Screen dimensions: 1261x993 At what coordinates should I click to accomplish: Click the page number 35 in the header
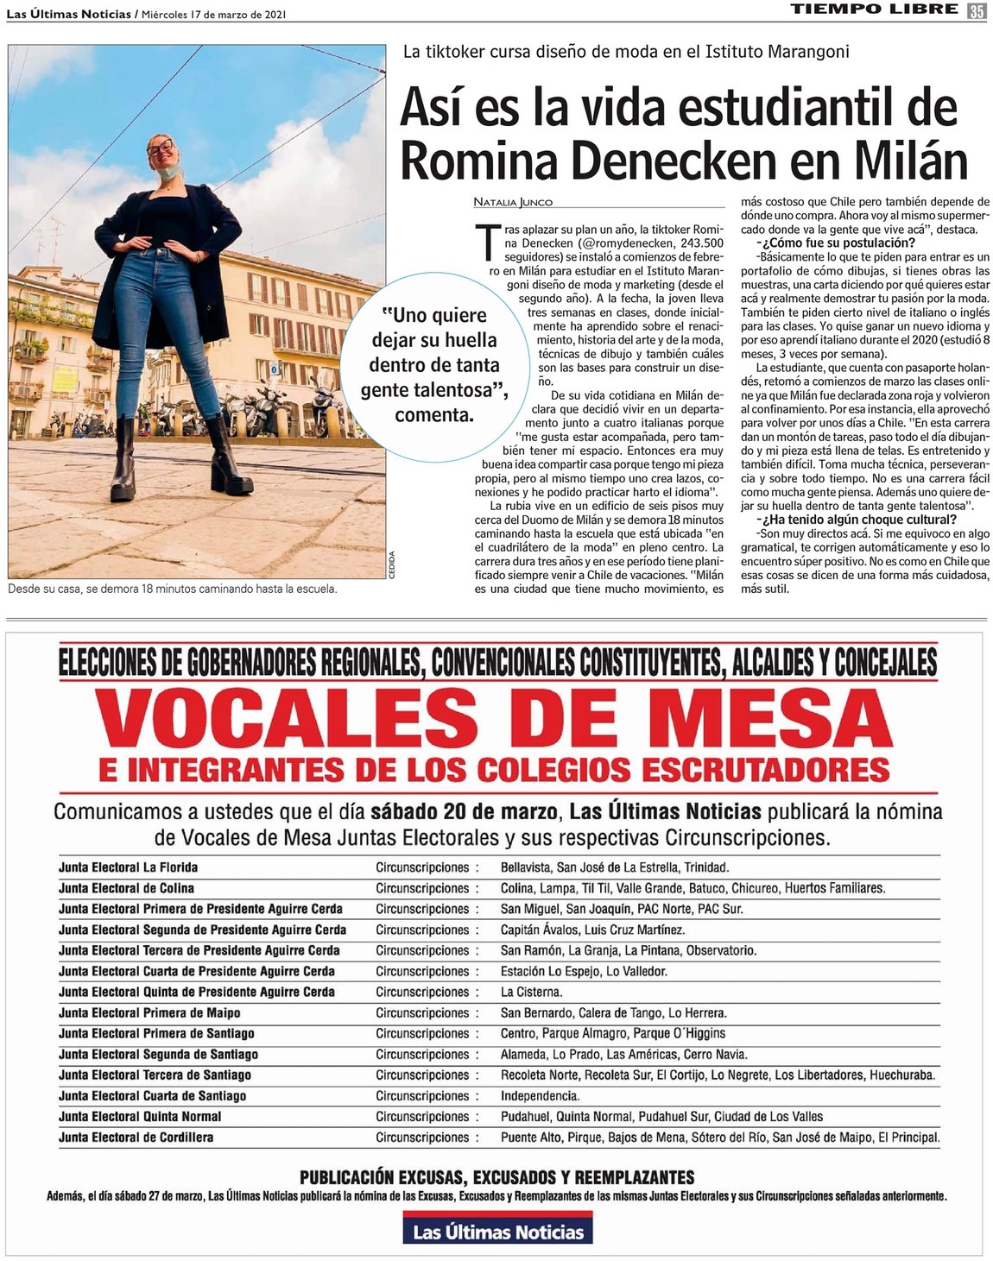977,10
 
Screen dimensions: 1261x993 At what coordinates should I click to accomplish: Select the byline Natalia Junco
513,202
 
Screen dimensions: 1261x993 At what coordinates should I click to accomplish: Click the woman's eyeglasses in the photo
160,147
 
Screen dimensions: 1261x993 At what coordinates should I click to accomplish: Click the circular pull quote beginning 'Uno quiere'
434,364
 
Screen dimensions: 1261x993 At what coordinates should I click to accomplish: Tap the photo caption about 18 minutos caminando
172,589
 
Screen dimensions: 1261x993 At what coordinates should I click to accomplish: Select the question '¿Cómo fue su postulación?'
823,243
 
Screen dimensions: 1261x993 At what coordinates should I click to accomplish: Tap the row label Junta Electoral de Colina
126,888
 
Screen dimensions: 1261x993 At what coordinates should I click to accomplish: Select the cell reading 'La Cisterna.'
531,992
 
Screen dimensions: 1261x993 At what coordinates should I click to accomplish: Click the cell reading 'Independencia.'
540,1096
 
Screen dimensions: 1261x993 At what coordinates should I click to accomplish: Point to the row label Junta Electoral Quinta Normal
140,1117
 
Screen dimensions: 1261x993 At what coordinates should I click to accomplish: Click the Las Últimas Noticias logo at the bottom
497,1231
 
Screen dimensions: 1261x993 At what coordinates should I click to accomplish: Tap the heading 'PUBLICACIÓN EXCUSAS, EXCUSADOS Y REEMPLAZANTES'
496,1177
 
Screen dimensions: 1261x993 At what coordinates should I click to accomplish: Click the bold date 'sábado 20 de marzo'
465,811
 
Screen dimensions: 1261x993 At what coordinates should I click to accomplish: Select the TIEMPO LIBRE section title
874,9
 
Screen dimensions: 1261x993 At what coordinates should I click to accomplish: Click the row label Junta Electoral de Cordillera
136,1138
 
